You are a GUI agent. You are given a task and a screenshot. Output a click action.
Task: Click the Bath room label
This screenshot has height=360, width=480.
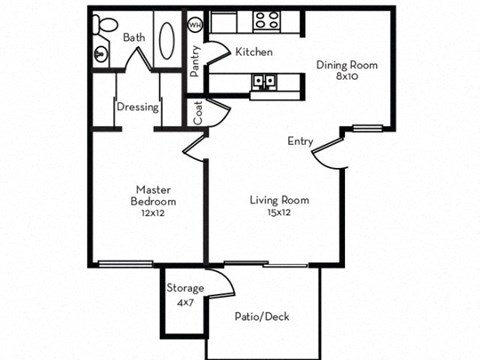point(133,37)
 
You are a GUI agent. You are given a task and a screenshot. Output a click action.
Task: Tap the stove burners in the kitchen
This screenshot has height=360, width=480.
point(267,19)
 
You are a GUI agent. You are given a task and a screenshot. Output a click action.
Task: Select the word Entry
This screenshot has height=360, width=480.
point(301,141)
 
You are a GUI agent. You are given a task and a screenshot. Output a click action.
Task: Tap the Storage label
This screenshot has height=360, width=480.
point(187,288)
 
